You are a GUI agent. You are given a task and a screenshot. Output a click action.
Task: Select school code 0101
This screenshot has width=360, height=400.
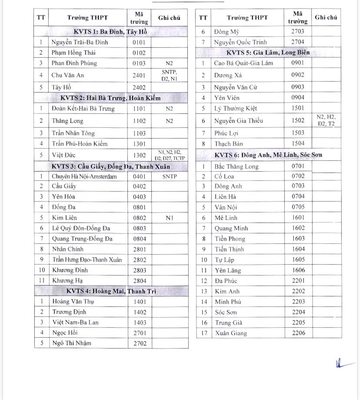[139, 42]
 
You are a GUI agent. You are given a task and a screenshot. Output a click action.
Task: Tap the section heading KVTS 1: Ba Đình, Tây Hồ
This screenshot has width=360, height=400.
[111, 32]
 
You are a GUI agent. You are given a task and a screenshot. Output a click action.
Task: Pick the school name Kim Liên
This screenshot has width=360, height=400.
[64, 217]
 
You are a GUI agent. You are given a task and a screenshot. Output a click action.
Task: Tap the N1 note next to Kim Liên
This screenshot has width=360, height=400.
[170, 217]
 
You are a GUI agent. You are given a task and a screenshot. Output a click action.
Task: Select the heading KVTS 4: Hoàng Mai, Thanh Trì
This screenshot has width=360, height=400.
[111, 291]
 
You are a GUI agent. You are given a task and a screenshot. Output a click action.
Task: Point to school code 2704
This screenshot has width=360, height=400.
[298, 42]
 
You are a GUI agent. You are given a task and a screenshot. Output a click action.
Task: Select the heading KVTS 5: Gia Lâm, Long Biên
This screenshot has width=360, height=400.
[268, 53]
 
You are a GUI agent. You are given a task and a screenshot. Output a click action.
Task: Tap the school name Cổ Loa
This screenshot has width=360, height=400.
[224, 176]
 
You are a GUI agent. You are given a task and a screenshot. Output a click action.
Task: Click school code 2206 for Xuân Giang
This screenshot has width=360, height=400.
[298, 333]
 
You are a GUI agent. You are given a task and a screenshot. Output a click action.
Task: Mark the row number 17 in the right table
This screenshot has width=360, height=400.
[203, 333]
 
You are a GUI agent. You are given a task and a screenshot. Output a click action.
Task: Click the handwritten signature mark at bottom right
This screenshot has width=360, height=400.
[340, 364]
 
